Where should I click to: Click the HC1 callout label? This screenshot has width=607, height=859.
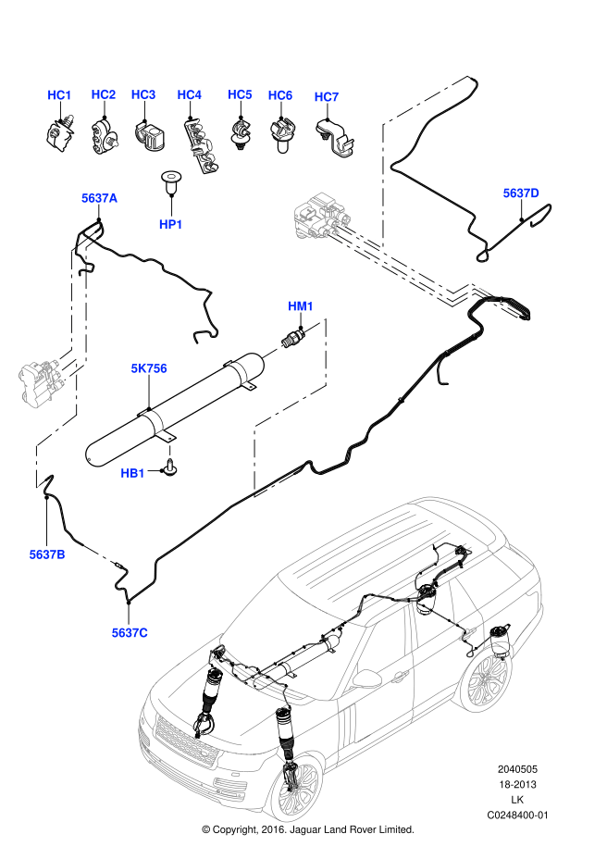(x=59, y=95)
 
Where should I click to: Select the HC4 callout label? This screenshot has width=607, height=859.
(x=189, y=95)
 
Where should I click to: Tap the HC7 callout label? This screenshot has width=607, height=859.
(x=327, y=97)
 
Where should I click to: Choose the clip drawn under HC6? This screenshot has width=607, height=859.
(x=281, y=134)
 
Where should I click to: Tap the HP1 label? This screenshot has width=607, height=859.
(x=171, y=224)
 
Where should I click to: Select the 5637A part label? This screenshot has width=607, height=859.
(x=99, y=198)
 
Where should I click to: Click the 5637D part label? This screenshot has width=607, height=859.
(x=521, y=193)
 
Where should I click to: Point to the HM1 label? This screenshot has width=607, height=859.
(x=301, y=306)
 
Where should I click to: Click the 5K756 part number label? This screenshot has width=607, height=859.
(x=148, y=368)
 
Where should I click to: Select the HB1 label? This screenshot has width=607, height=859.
(x=133, y=473)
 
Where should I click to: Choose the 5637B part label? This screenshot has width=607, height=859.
(x=46, y=554)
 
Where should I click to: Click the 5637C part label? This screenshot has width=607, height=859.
(x=130, y=632)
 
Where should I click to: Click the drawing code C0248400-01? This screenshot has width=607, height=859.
(x=518, y=815)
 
